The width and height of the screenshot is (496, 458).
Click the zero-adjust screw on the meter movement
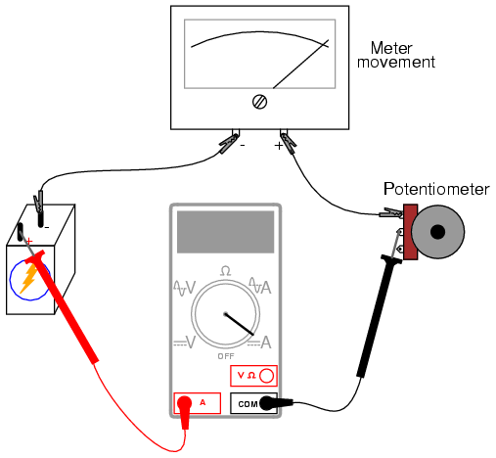pos(259,102)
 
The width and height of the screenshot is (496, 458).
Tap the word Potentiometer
pos(436,189)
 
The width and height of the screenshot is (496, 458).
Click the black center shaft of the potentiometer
pos(437,232)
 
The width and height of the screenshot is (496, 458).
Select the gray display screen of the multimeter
pos(225,232)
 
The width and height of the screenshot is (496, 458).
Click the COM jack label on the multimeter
pos(248,404)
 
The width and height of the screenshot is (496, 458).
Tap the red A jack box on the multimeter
pos(198,403)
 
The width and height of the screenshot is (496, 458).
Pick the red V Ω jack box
pos(253,376)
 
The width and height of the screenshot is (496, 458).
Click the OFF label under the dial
pos(226,356)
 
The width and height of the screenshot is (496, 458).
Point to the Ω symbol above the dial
pos(226,271)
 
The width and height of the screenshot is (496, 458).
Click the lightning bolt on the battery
pos(28,278)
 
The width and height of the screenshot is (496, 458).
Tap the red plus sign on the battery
pos(29,241)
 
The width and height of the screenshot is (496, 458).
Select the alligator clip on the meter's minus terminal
pos(229,143)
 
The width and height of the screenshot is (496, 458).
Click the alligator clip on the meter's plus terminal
pos(289,143)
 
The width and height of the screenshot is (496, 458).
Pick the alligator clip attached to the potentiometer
pos(391,213)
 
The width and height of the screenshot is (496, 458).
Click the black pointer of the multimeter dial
pos(240,324)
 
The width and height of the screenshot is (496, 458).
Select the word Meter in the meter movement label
pos(391,48)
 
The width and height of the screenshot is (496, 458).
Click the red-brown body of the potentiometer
pos(411,232)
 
